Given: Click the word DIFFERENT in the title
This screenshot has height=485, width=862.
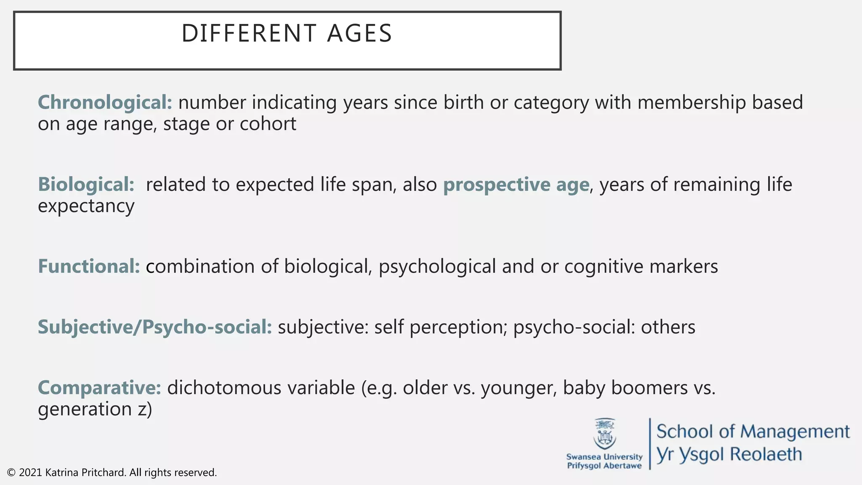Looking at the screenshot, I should tap(249, 33).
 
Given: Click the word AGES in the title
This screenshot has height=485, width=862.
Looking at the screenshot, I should tap(359, 33).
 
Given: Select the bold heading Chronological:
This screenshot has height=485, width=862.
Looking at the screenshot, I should tap(105, 102).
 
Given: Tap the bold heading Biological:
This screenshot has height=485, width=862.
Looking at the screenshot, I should tap(86, 184).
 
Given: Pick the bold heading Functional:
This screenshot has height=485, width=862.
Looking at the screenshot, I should tap(89, 266).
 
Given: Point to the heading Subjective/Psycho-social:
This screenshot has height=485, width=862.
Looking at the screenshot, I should tap(155, 327).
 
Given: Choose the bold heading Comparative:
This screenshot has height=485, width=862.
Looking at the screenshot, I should tap(99, 388).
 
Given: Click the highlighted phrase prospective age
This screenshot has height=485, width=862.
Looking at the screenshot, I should tap(516, 184).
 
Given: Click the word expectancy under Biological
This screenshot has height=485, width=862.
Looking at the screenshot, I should tap(86, 206).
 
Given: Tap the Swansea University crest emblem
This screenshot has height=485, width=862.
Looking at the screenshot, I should tap(604, 434).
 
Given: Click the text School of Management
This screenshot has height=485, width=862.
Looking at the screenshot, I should tap(753, 432).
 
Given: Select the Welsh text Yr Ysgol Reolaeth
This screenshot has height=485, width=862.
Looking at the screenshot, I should tap(729, 454).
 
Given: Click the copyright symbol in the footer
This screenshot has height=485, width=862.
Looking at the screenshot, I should tap(11, 473).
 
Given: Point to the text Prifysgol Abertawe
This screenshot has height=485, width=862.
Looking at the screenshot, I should tap(604, 466).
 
